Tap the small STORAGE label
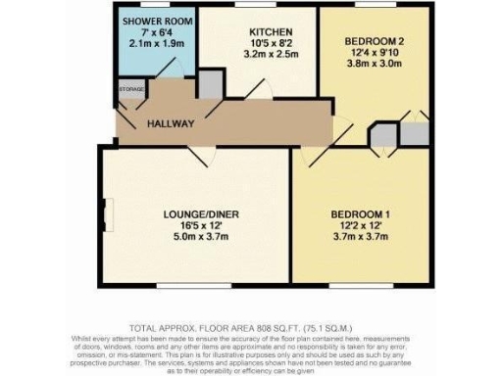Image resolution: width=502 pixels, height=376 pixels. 131,90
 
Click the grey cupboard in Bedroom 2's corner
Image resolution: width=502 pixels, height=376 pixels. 417,131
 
